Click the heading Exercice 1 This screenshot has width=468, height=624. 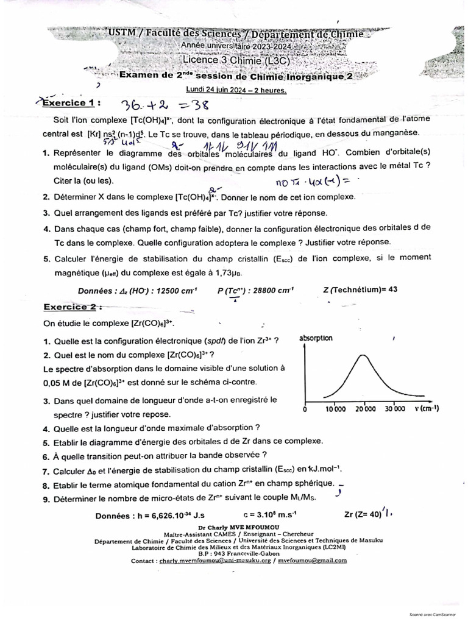tap(68, 103)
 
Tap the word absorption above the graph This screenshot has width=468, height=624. tap(316, 338)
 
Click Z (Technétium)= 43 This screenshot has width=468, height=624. tap(361, 289)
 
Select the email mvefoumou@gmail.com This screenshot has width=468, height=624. tap(312, 561)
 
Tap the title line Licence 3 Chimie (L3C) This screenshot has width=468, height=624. tap(236, 61)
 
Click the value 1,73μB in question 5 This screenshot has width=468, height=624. tap(231, 272)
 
